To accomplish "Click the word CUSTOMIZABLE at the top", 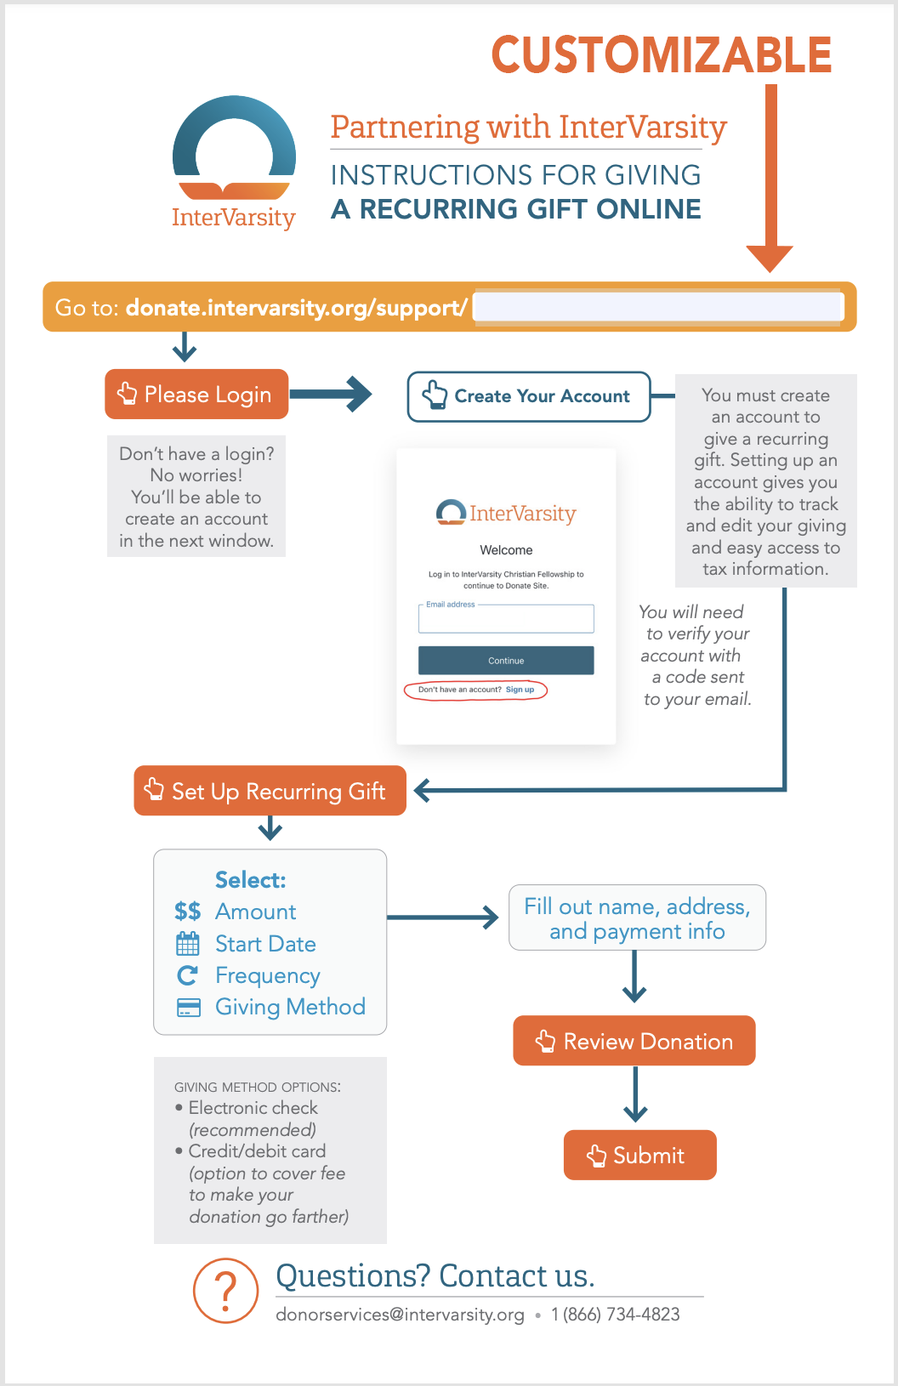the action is (x=661, y=54).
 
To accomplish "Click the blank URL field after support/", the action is (x=658, y=307).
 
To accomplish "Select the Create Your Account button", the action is (x=529, y=396).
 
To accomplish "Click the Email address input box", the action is (x=506, y=618).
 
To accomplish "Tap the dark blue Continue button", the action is (x=506, y=660).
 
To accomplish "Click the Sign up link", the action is (x=520, y=690).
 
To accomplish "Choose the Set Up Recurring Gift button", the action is (x=270, y=791).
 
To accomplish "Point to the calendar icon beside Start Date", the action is (x=188, y=944).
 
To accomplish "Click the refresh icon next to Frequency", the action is (x=188, y=976).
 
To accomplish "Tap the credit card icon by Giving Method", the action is (x=188, y=1008).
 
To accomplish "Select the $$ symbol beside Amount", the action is (x=188, y=912).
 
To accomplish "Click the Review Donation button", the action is (x=634, y=1041).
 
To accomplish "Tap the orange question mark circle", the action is (x=226, y=1291).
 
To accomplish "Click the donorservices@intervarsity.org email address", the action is (x=400, y=1315).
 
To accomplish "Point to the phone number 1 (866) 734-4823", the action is (x=615, y=1315).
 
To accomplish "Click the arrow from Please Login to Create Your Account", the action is (x=331, y=395).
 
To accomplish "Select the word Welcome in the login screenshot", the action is (x=506, y=550).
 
